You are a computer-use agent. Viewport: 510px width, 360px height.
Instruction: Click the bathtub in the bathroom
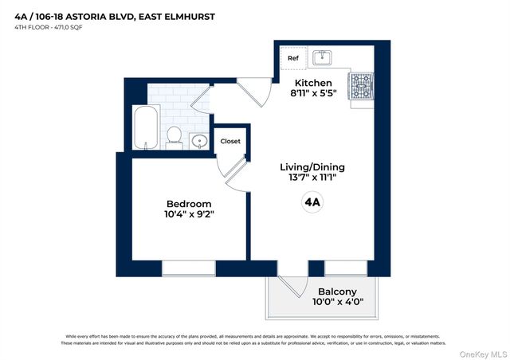coord(147,127)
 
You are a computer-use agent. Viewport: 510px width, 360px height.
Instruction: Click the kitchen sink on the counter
coord(324,57)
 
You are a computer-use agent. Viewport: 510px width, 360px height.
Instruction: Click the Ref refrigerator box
coord(292,57)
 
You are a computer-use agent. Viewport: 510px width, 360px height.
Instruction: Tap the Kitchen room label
coord(313,83)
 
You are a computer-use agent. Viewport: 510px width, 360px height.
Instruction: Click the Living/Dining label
coord(312,166)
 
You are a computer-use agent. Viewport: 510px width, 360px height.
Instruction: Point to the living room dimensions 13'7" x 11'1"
coord(312,178)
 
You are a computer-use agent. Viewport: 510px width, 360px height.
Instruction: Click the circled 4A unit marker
coord(312,202)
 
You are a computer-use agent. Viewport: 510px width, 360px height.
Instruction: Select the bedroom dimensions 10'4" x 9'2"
coord(190,213)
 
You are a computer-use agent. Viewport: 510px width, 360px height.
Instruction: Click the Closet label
coord(230,141)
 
